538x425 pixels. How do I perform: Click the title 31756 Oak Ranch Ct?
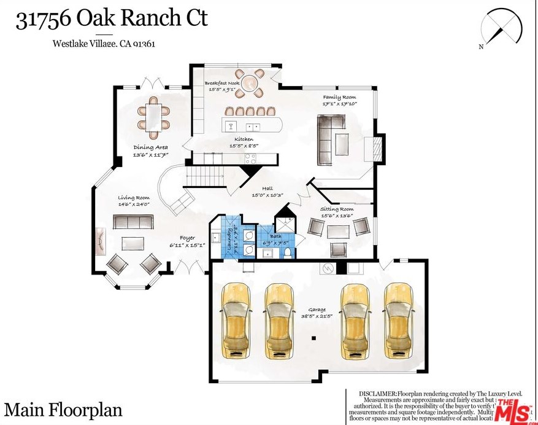[x=112, y=19]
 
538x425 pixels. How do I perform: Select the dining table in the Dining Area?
[x=153, y=117]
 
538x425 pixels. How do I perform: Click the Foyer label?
[x=187, y=238]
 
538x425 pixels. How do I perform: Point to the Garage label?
[x=317, y=310]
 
